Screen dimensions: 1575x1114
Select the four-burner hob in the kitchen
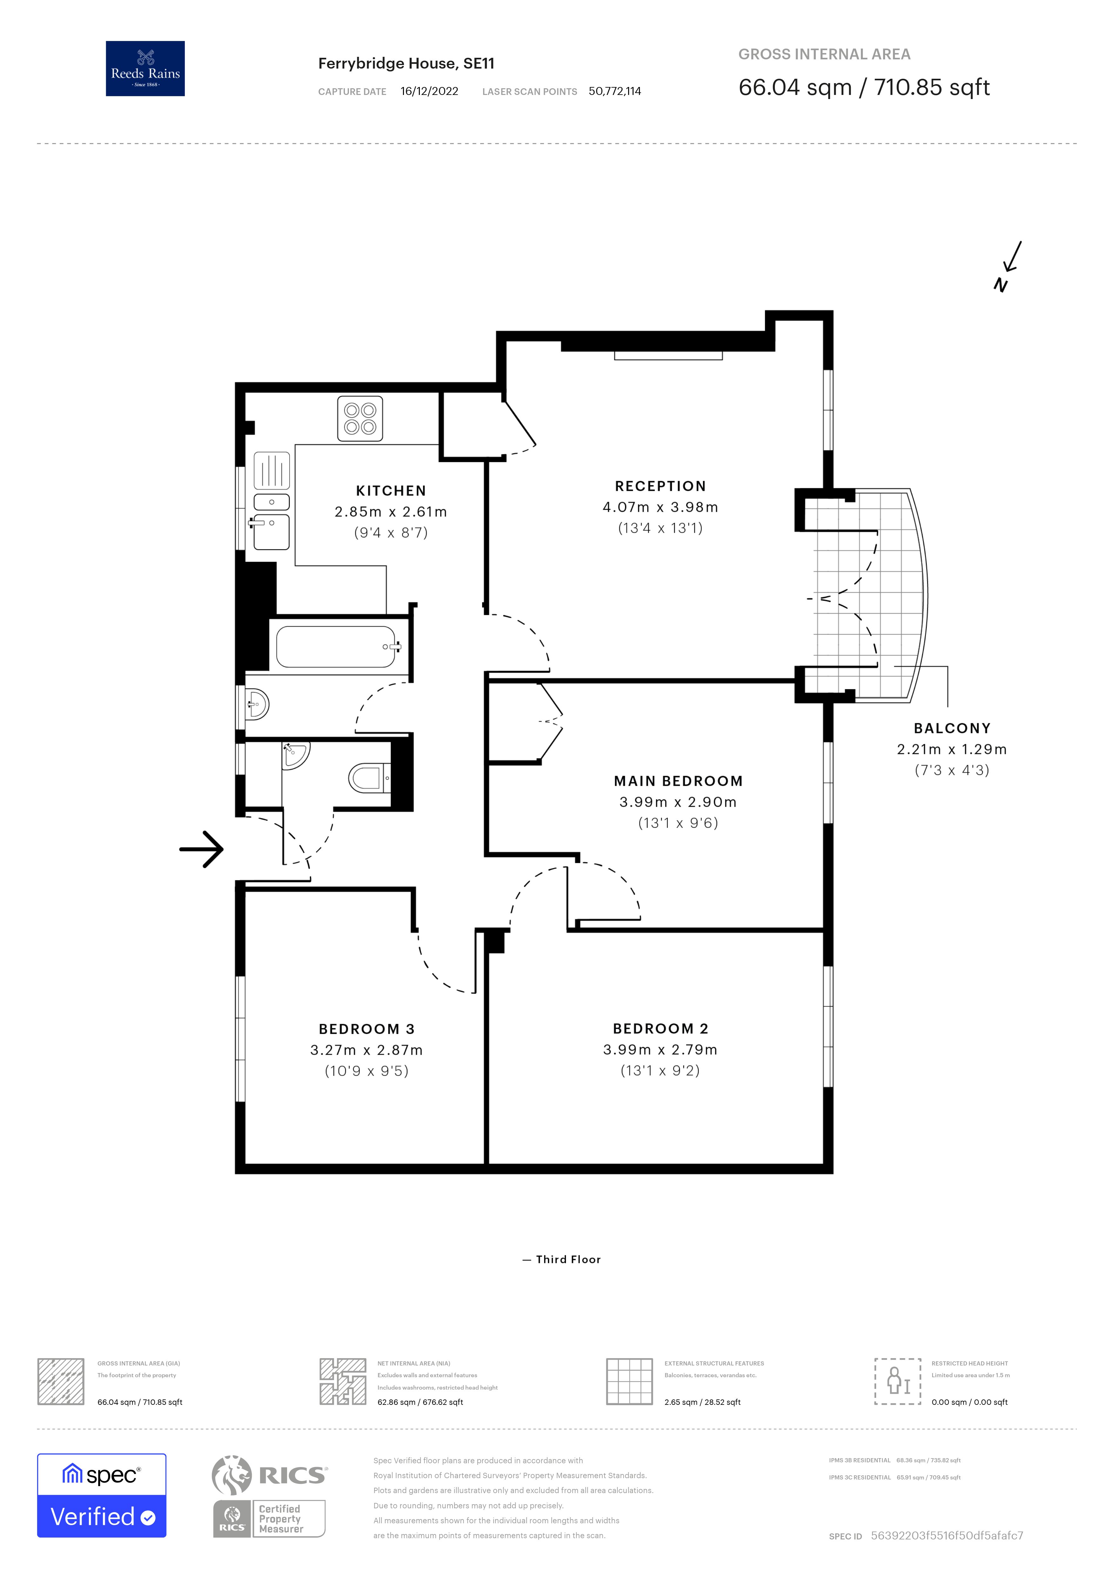pyautogui.click(x=360, y=418)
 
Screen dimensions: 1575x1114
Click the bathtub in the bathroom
pyautogui.click(x=336, y=647)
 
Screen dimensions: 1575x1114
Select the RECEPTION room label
pyautogui.click(x=660, y=486)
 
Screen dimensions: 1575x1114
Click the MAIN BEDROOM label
pyautogui.click(x=678, y=781)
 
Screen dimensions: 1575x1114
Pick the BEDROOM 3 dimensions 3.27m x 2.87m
pyautogui.click(x=366, y=1050)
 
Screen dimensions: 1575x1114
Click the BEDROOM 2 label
pyautogui.click(x=660, y=1028)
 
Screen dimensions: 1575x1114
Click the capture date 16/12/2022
pyautogui.click(x=429, y=91)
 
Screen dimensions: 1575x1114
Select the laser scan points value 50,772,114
pyautogui.click(x=614, y=91)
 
